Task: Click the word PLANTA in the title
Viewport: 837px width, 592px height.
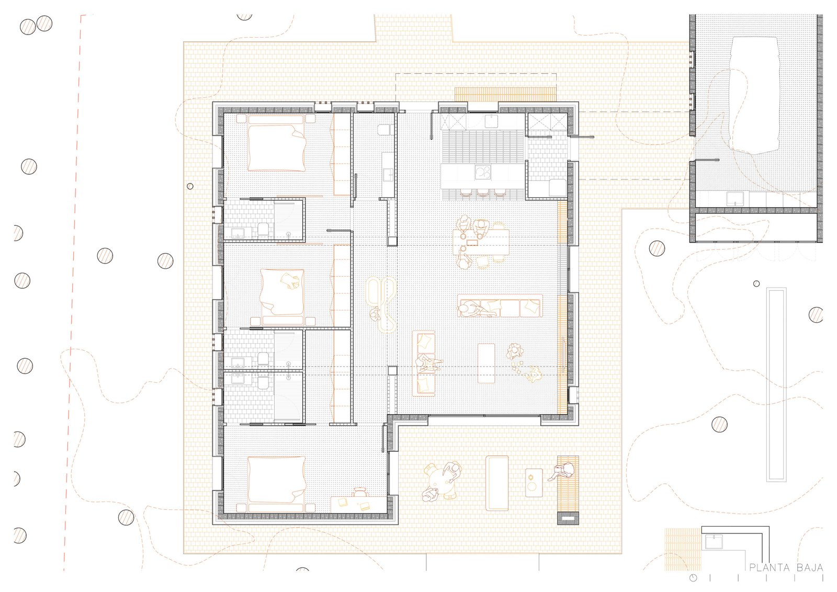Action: tap(770, 568)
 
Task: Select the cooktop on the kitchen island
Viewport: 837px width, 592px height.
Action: tap(483, 173)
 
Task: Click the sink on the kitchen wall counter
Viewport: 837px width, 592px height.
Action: tap(492, 121)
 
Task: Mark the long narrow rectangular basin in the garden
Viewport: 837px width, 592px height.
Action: tap(776, 384)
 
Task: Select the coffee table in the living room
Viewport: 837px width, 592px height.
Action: tap(486, 363)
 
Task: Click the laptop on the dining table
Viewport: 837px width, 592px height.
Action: tap(473, 243)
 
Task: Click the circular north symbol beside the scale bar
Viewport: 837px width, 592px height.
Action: tap(693, 578)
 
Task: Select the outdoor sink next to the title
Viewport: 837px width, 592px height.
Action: tap(714, 542)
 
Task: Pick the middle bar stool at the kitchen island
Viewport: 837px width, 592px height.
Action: tap(483, 193)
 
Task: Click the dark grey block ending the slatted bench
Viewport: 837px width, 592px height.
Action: tap(568, 518)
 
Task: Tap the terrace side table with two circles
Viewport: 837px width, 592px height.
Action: tap(534, 483)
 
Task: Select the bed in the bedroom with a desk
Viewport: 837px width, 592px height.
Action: tap(277, 484)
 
